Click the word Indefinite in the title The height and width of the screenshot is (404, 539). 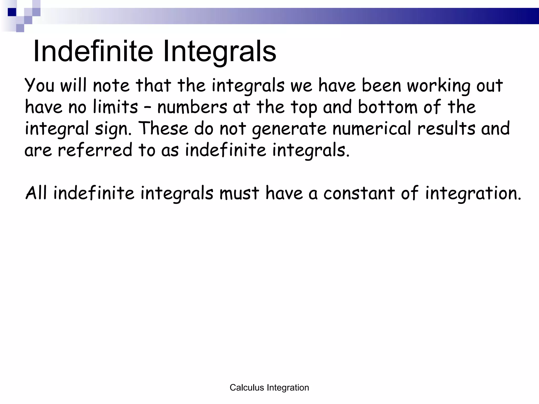[x=93, y=51]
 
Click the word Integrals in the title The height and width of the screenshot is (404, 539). [x=219, y=51]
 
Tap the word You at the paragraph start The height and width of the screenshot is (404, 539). [x=39, y=85]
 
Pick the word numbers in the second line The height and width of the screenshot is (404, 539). [x=192, y=107]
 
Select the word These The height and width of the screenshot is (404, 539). [x=163, y=129]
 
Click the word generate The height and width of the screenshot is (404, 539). [x=289, y=129]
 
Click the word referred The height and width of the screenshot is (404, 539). [x=95, y=150]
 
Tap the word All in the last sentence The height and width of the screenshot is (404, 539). [x=36, y=193]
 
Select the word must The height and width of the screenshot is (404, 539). [x=239, y=193]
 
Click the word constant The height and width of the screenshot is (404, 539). [x=359, y=193]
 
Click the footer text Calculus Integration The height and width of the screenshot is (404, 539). [x=269, y=387]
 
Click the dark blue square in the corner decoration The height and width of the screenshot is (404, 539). [x=12, y=12]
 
